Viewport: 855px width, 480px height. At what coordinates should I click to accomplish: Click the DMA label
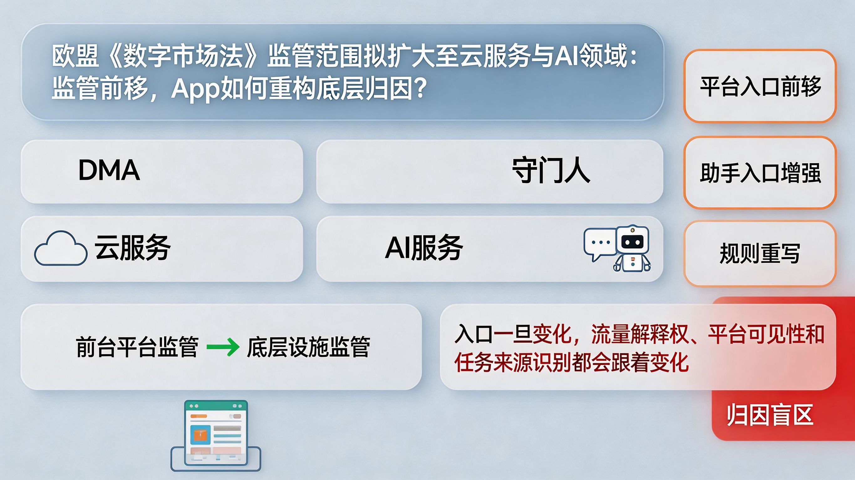pyautogui.click(x=109, y=170)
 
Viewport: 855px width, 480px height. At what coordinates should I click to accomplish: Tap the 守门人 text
pyautogui.click(x=551, y=171)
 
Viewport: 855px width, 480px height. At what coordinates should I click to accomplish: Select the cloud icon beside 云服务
pyautogui.click(x=61, y=248)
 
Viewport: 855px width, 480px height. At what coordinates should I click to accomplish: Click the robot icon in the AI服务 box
pyautogui.click(x=632, y=248)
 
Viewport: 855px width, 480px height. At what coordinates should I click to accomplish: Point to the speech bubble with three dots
pyautogui.click(x=600, y=244)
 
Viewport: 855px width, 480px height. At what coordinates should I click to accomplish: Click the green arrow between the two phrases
pyautogui.click(x=223, y=347)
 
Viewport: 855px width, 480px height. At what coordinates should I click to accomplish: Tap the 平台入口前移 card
pyautogui.click(x=760, y=86)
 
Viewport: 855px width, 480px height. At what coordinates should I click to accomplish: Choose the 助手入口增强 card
pyautogui.click(x=760, y=172)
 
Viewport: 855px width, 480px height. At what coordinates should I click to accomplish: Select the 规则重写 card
pyautogui.click(x=760, y=254)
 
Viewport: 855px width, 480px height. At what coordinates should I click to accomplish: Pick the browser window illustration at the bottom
pyautogui.click(x=216, y=435)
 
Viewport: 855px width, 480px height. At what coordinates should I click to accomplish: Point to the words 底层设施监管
pyautogui.click(x=308, y=347)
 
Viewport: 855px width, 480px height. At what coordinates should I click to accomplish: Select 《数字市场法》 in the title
pyautogui.click(x=183, y=56)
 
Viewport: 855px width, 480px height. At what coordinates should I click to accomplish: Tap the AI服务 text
pyautogui.click(x=424, y=247)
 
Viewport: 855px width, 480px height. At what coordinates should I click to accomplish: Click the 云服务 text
pyautogui.click(x=132, y=247)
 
